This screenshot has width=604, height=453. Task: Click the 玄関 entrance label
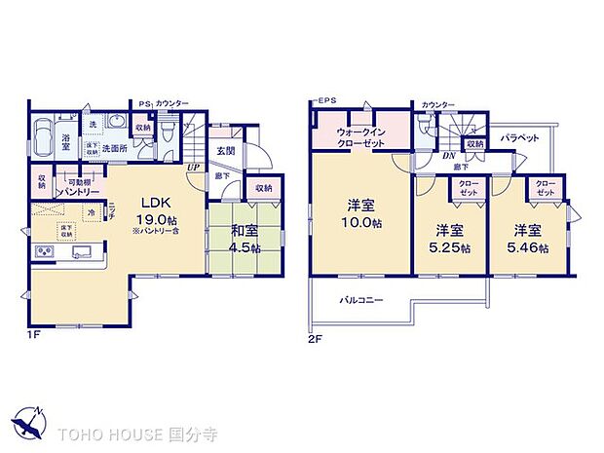225,151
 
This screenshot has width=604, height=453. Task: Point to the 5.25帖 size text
449,248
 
